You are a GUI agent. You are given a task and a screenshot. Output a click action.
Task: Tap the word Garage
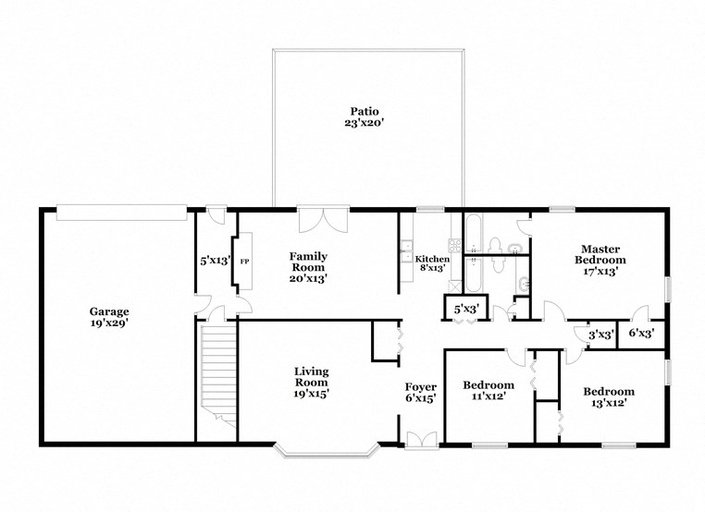109,311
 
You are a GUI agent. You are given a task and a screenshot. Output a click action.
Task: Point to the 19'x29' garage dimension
109,324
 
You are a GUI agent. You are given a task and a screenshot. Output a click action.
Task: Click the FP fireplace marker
245,262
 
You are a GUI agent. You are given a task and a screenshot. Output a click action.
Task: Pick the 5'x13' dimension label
215,261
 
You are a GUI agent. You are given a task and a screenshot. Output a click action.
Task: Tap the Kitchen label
432,259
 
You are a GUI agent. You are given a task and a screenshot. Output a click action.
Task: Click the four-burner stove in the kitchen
455,246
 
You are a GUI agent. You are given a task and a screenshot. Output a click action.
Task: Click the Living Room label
312,377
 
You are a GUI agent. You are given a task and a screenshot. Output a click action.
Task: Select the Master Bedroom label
600,254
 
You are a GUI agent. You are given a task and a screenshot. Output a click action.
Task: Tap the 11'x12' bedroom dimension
489,397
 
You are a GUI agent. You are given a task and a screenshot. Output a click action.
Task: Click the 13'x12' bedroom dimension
609,403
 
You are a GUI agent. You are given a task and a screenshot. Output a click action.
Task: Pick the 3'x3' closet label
601,334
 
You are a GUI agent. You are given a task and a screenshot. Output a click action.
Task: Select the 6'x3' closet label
641,334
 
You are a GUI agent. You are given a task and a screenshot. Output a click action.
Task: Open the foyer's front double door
419,440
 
